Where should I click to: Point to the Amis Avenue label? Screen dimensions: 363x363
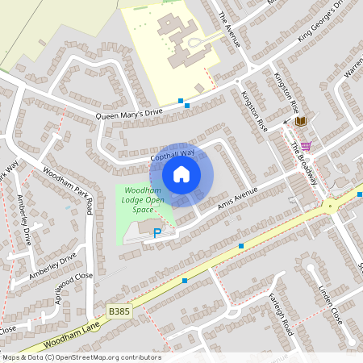(240, 198)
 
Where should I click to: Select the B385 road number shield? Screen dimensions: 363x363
(119, 311)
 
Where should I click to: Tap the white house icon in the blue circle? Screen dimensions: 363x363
(181, 173)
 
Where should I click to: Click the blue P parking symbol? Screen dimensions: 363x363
(157, 233)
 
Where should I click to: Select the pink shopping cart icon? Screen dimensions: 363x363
(306, 146)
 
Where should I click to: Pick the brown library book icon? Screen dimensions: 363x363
(301, 121)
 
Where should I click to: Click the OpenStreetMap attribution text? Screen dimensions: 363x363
(81, 357)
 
